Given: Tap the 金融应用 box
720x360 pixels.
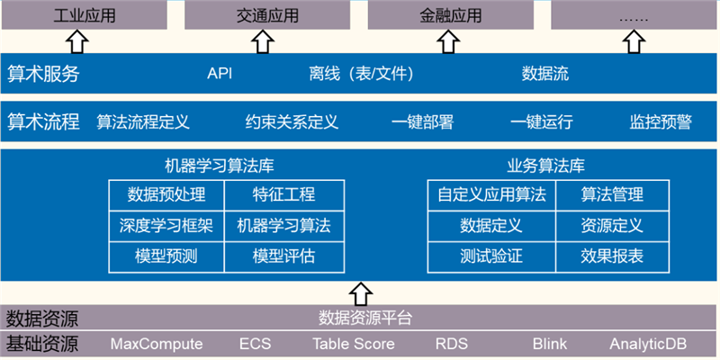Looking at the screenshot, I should pos(450,15).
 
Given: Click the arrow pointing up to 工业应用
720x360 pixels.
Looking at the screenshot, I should pos(78,40).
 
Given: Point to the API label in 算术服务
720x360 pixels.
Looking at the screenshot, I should pos(220,74).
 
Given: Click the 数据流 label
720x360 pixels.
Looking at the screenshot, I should pos(545,74).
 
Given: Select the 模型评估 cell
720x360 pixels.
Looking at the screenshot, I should pos(284,256).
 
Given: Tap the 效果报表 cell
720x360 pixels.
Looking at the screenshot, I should pos(612,256).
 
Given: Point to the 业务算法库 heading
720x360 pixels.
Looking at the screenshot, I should pos(546,166).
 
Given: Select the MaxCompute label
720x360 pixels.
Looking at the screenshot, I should pos(157,344).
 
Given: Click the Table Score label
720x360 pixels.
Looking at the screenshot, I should pos(349,344).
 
